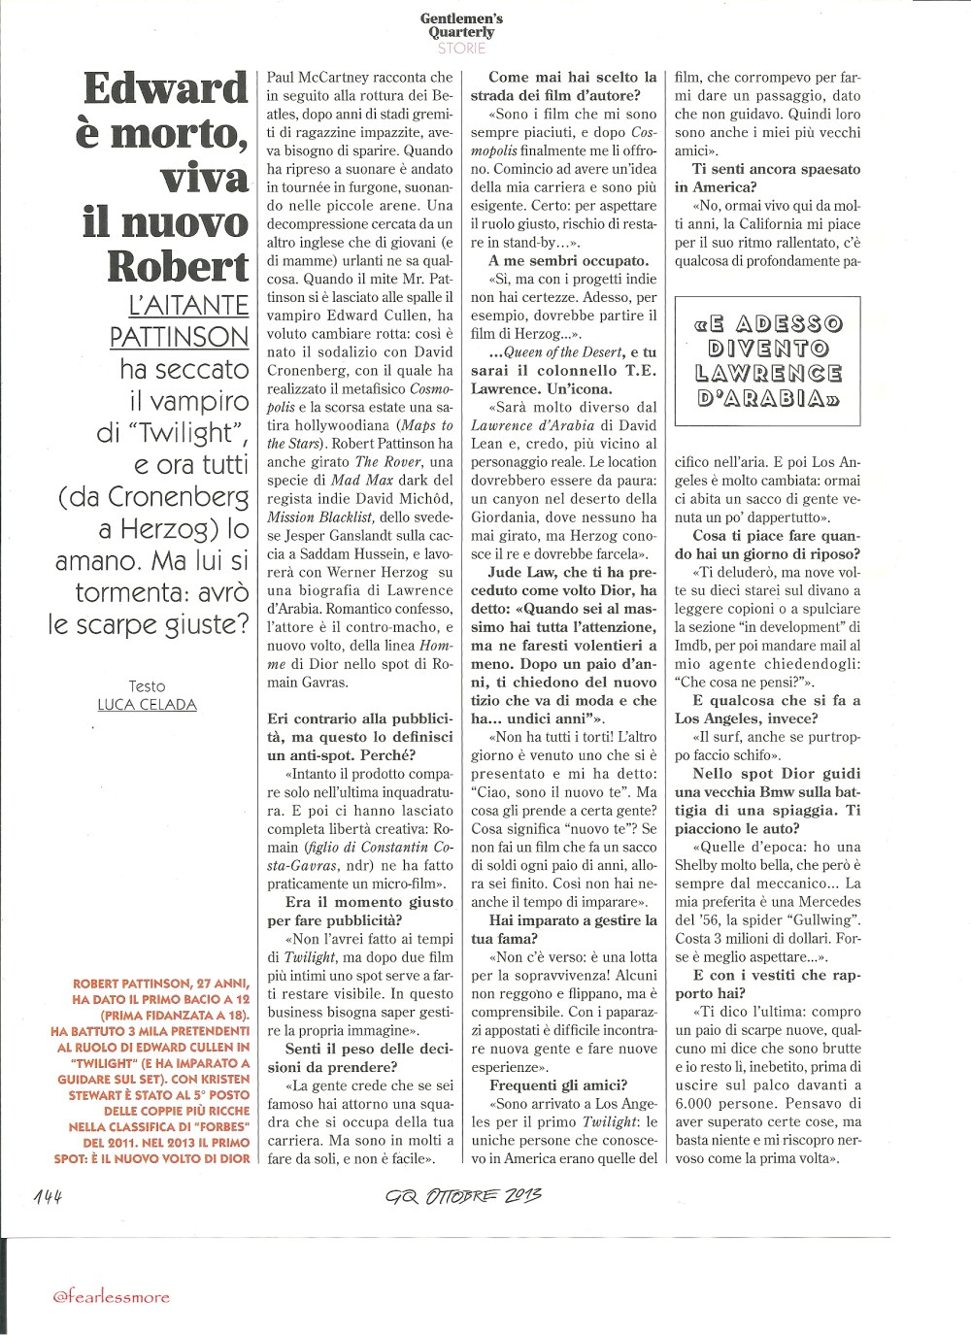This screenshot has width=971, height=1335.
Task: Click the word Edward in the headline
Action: coord(166,88)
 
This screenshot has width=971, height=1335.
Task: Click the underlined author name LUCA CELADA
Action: coord(147,705)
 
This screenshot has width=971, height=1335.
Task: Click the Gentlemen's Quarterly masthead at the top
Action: coord(461,25)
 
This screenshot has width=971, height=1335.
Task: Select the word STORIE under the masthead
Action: coord(461,48)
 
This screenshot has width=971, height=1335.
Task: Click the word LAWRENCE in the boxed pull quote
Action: coord(768,373)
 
